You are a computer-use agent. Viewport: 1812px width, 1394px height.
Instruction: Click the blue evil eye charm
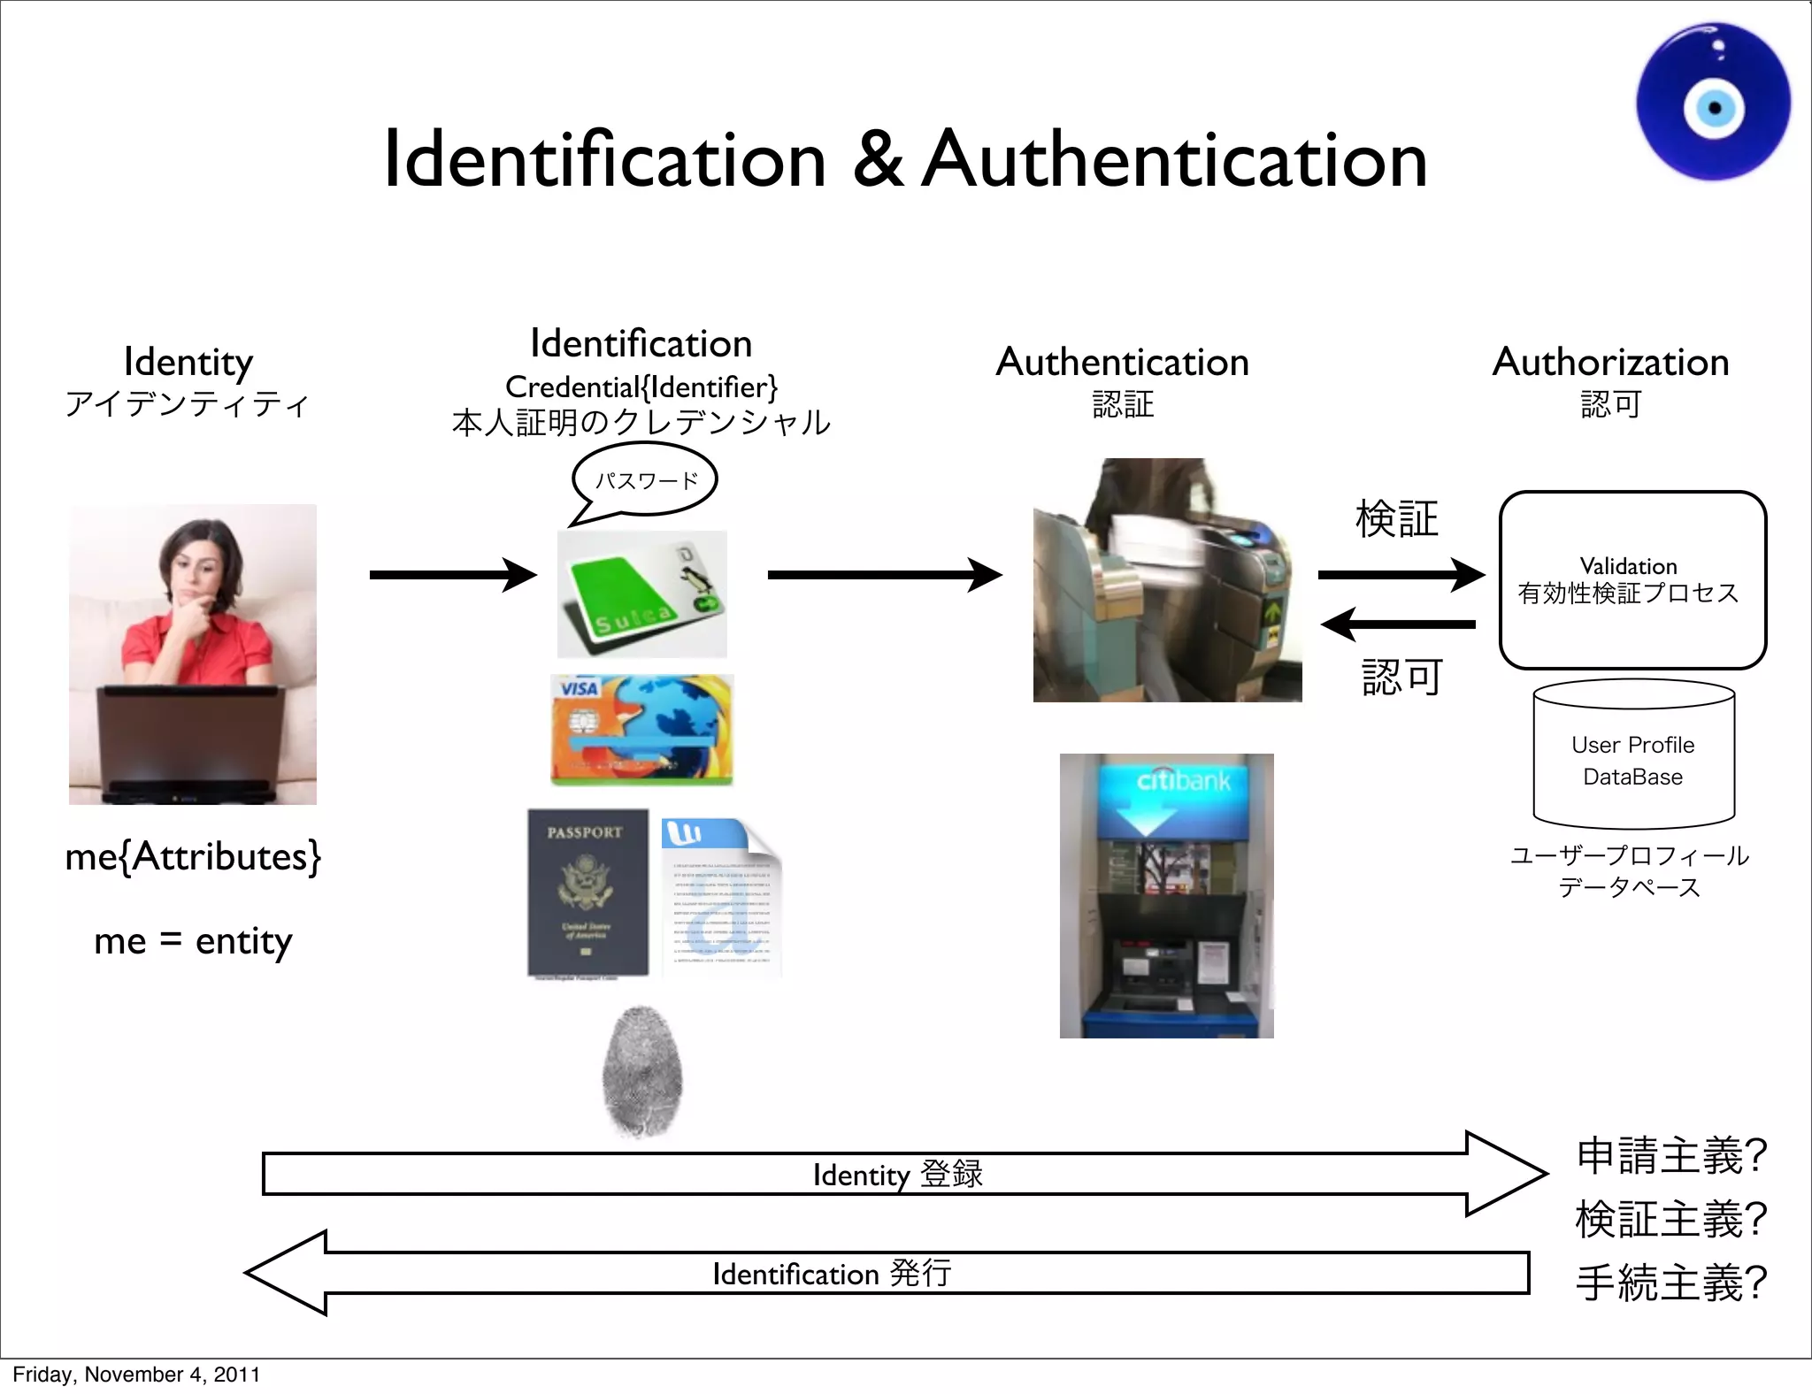click(1713, 102)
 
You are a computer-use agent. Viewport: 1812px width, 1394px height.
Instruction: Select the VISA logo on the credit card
click(579, 688)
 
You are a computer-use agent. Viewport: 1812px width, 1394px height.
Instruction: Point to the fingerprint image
click(642, 1071)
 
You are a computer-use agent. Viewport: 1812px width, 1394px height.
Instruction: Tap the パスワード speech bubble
click(646, 480)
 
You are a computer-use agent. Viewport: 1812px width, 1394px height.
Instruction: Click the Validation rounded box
click(1632, 580)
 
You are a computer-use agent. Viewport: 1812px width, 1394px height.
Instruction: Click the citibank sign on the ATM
click(1183, 780)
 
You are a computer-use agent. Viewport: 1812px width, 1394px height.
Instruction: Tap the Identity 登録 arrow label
click(897, 1175)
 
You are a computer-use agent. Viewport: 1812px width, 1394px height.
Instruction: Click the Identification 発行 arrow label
click(832, 1274)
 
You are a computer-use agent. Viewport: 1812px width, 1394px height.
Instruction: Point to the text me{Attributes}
click(193, 856)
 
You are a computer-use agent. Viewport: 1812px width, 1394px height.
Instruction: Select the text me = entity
click(193, 940)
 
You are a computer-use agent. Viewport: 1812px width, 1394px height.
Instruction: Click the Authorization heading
click(1610, 362)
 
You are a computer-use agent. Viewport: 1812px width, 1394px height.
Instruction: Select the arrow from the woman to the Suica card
click(452, 575)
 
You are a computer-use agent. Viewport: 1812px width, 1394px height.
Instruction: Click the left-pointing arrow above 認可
click(1398, 624)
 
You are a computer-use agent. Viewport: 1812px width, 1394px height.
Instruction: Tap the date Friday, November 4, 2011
click(136, 1375)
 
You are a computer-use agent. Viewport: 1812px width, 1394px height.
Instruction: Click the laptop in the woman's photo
click(191, 743)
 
